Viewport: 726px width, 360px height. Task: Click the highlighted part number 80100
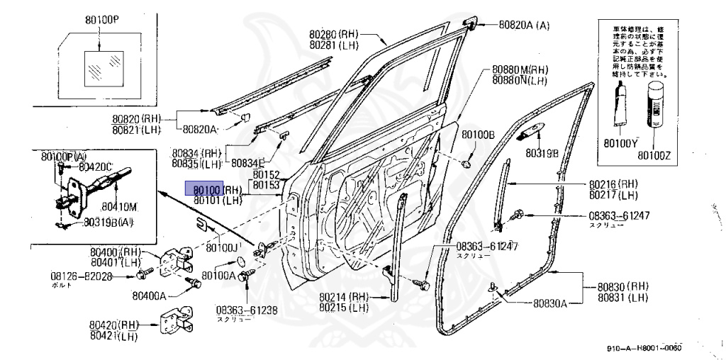click(204, 189)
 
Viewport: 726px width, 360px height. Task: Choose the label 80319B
click(542, 152)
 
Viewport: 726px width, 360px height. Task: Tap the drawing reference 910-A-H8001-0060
click(644, 348)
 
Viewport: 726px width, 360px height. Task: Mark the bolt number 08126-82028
click(81, 275)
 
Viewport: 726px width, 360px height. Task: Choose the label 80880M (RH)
click(520, 70)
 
